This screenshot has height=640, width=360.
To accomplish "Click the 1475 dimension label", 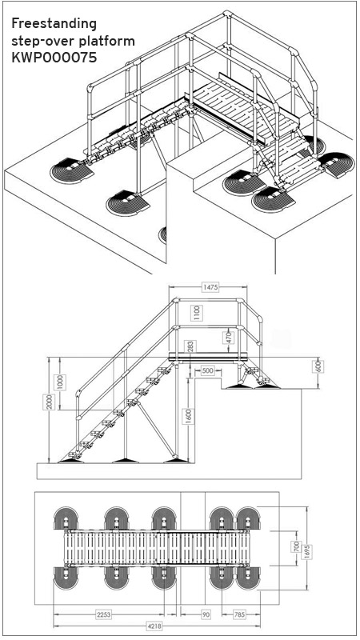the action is [x=210, y=287].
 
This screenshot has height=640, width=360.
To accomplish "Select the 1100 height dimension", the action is [x=197, y=313].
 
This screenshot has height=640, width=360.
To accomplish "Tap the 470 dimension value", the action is [x=229, y=338].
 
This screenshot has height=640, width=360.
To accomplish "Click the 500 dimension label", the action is [x=208, y=370].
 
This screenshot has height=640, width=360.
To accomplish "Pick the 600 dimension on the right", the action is [x=319, y=366].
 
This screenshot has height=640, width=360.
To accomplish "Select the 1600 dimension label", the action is [x=189, y=416].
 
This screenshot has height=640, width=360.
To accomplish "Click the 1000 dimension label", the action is [x=60, y=382].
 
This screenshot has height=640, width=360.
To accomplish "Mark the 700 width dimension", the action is [x=297, y=546].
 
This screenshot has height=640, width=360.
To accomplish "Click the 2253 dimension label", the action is [x=103, y=614].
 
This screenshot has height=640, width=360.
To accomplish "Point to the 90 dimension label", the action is [x=205, y=614].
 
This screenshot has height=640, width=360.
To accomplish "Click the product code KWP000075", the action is [x=54, y=58].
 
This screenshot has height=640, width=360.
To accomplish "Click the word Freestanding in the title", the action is [x=54, y=24].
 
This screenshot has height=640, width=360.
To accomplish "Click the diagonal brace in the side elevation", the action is [x=158, y=430].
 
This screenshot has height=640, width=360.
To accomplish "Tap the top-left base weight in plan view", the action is [x=66, y=518].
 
